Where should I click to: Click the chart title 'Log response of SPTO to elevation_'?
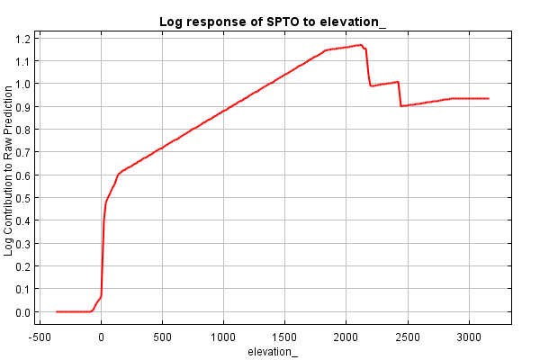point(273,21)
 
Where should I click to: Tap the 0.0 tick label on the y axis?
point(22,312)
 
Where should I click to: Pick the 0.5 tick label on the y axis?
point(22,198)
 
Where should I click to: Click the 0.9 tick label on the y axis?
point(22,106)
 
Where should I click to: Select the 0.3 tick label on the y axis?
point(22,244)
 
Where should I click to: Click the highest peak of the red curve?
point(359,45)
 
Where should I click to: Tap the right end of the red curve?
point(488,98)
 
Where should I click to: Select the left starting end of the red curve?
point(57,311)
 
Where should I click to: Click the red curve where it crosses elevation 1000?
point(223,111)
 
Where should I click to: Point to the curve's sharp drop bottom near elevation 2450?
point(401,106)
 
